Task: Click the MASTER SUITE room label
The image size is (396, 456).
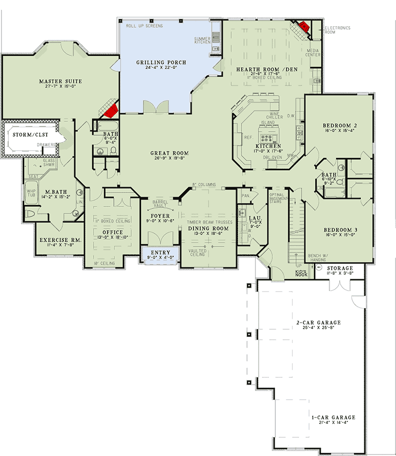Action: [x=60, y=81]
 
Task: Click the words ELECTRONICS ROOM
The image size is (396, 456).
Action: [x=337, y=31]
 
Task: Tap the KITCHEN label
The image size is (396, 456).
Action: [x=268, y=146]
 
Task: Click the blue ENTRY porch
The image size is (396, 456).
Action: [x=157, y=253]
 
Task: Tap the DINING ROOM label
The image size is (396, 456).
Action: [x=207, y=229]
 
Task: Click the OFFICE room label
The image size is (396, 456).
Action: [x=112, y=232]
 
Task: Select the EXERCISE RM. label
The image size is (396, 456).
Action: [x=60, y=240]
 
